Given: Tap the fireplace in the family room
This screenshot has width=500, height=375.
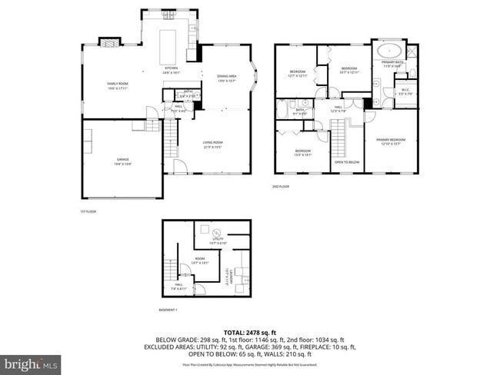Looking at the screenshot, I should pos(112,43).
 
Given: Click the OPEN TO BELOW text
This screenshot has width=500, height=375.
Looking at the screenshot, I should pos(347,162).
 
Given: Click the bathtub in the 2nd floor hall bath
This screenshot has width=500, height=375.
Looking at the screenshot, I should pos(282,110).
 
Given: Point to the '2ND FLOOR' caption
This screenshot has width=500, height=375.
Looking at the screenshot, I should pos(281,187).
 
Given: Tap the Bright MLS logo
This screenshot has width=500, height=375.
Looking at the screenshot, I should pos(32,362).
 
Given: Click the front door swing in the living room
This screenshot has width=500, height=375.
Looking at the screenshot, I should pos(178,168).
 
